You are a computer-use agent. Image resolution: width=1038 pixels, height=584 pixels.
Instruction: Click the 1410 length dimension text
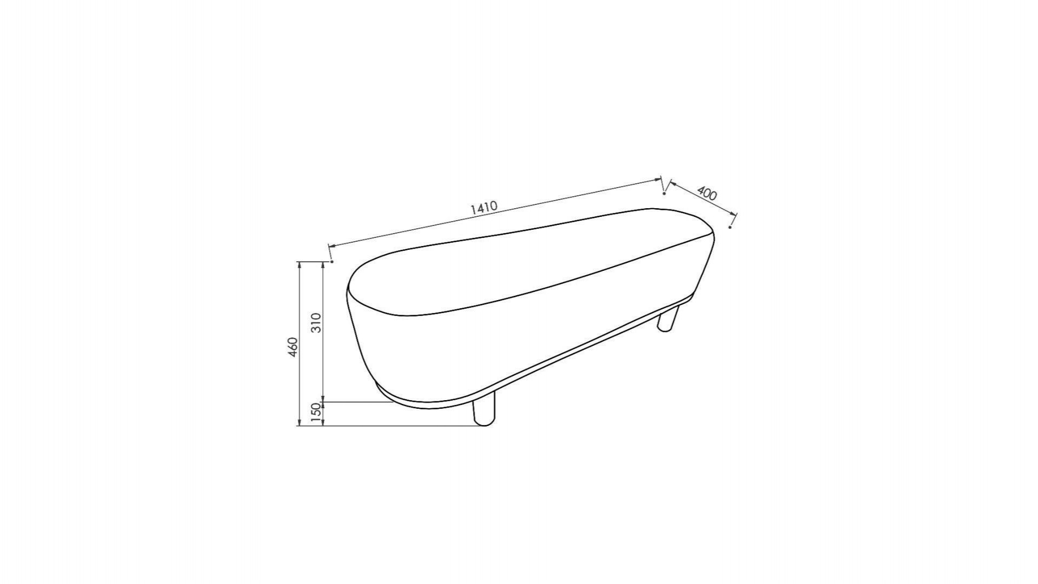(x=484, y=208)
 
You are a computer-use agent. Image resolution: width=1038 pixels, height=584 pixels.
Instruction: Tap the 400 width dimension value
(x=707, y=193)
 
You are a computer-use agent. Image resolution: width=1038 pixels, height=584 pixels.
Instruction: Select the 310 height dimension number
(x=317, y=323)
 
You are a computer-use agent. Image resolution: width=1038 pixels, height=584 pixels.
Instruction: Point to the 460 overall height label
(x=292, y=347)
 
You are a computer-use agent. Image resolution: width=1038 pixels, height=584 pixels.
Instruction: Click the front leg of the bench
(x=484, y=411)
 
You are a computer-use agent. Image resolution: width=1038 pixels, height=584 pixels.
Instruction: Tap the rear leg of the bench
(x=668, y=319)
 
